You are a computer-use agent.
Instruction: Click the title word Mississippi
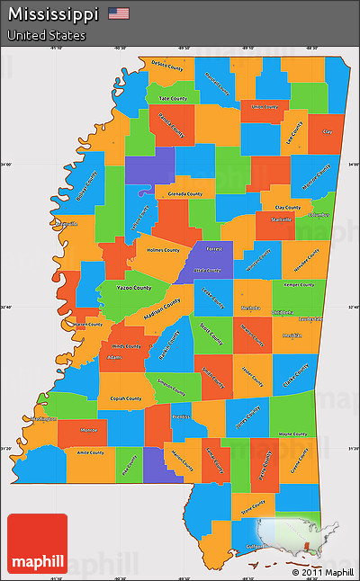(54, 14)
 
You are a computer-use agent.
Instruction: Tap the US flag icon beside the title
(119, 13)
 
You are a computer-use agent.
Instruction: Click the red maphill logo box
(37, 542)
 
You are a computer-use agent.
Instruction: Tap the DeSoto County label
(166, 66)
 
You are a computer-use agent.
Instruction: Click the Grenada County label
(184, 193)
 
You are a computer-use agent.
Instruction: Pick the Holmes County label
(163, 250)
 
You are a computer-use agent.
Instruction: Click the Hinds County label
(126, 345)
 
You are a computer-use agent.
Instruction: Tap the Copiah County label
(127, 398)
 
